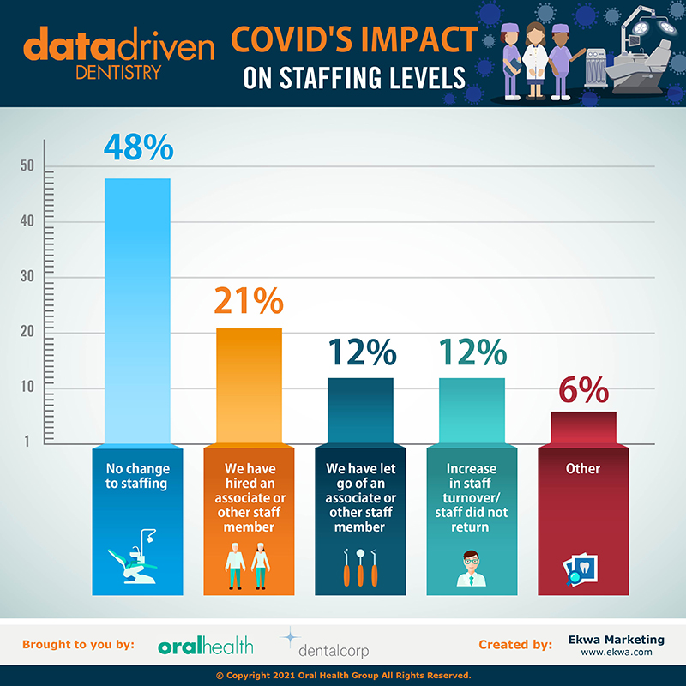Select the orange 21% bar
tap(248, 386)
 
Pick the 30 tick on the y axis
tap(27, 277)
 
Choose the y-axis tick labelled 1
tap(27, 442)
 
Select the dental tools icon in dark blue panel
tap(359, 567)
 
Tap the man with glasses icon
tap(471, 567)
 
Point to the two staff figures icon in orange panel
tap(248, 567)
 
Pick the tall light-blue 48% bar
tap(137, 309)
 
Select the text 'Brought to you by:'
tap(78, 645)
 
